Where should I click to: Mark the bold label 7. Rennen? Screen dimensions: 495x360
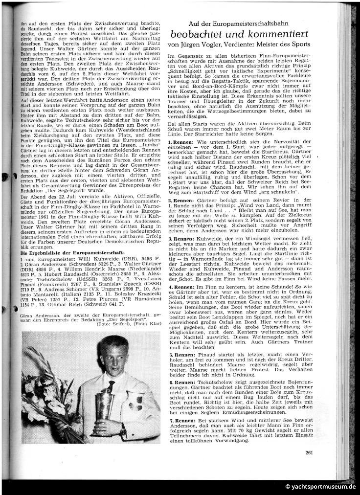(x=180, y=420)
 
